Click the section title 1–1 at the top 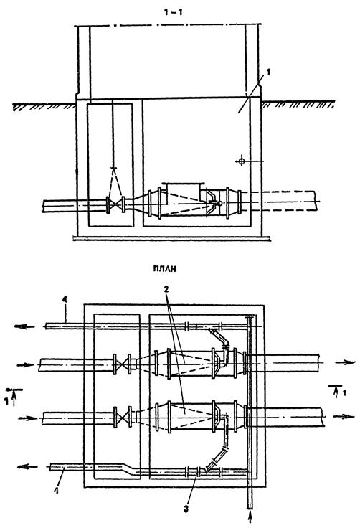173,12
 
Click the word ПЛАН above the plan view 165,268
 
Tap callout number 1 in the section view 267,72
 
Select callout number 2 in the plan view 166,289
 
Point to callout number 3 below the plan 186,509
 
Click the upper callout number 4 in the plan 65,298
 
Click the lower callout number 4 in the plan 56,490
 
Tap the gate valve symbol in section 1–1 115,204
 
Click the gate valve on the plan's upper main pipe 123,364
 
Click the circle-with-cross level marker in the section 241,161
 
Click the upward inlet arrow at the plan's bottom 250,516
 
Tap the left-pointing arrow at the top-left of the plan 24,326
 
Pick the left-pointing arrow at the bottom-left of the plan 27,467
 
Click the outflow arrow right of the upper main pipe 345,362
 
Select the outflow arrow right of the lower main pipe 344,416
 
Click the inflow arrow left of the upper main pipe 26,364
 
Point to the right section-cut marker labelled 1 337,390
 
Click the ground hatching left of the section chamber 44,106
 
